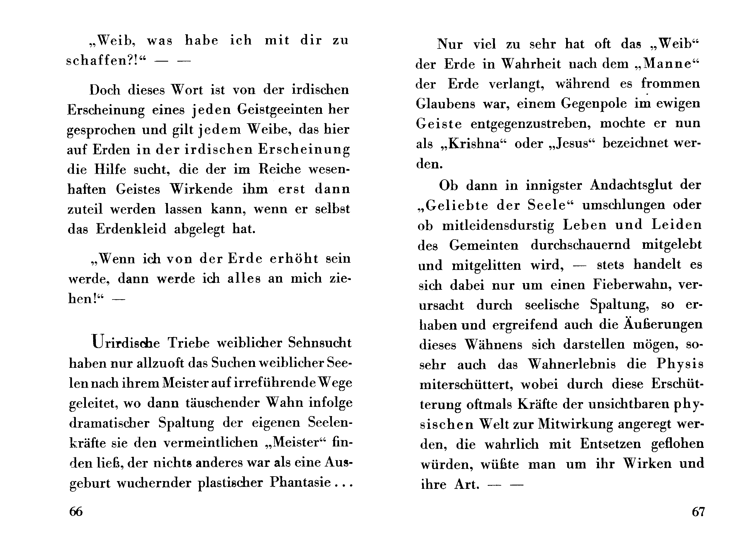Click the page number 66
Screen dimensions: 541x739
click(x=76, y=511)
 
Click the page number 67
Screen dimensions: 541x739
click(x=698, y=511)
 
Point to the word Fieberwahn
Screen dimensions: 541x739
click(x=632, y=285)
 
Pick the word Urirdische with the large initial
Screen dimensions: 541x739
click(x=126, y=342)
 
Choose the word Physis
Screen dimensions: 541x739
click(x=680, y=364)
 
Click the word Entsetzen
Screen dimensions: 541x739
click(x=610, y=444)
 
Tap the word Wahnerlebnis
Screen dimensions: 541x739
click(x=571, y=364)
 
